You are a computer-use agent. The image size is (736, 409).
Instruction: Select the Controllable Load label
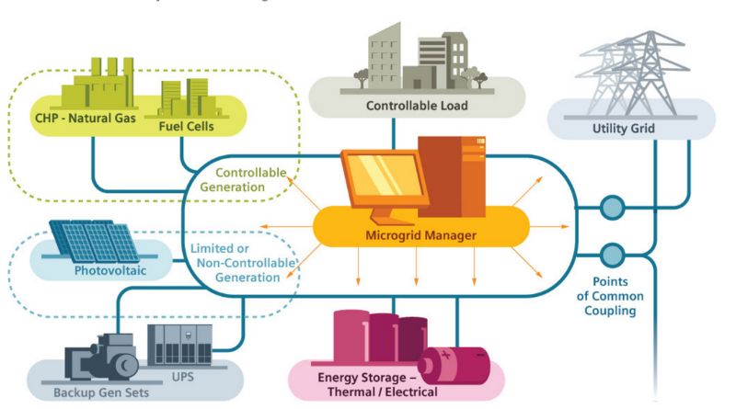tap(417, 106)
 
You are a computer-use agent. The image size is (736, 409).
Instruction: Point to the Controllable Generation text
tap(251, 179)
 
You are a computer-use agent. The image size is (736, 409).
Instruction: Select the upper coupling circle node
tap(611, 208)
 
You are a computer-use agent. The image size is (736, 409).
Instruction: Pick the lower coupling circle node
tap(611, 253)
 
